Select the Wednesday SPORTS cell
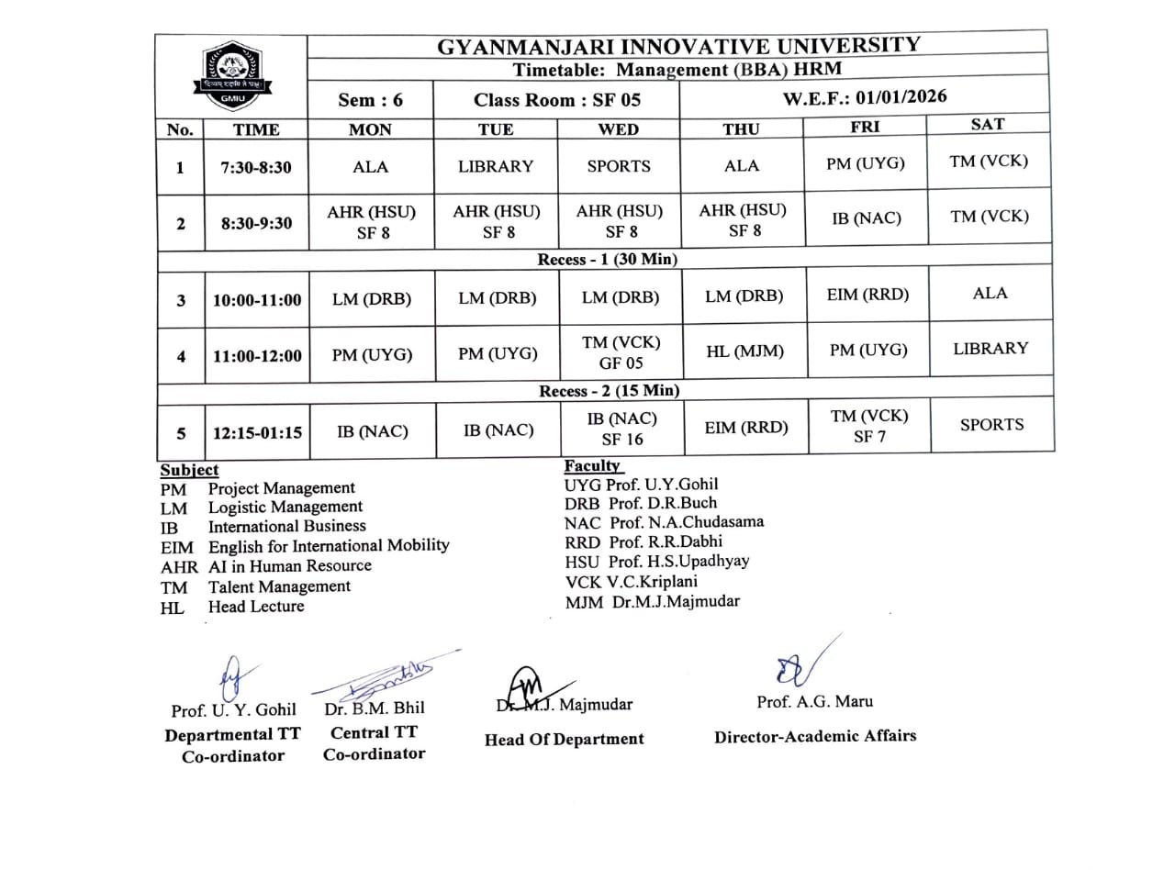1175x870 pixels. pos(618,166)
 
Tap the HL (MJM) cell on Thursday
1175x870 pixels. pos(744,351)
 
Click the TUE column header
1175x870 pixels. pos(496,129)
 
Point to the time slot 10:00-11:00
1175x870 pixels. pos(257,300)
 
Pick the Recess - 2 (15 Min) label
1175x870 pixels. pos(609,391)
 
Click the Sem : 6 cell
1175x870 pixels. pos(370,100)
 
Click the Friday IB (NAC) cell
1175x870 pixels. pos(867,218)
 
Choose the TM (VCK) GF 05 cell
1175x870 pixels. pos(621,352)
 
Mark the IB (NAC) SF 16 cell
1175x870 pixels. pos(621,429)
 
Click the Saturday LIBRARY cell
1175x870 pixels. pos(990,349)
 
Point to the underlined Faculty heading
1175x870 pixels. pos(592,465)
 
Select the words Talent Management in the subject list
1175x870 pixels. pos(279,586)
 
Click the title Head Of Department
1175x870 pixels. pos(564,739)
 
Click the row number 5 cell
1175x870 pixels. pos(181,433)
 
